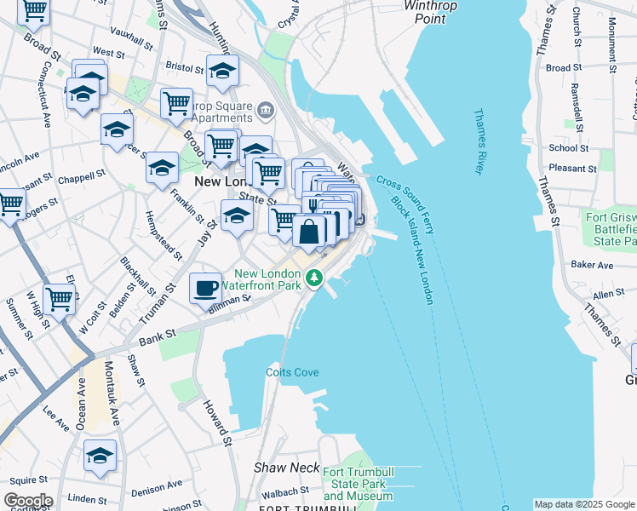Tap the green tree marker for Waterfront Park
pyautogui.click(x=315, y=278)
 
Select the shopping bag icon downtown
pyautogui.click(x=308, y=230)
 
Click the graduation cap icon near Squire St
pyautogui.click(x=100, y=456)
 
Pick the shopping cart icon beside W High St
pyautogui.click(x=59, y=299)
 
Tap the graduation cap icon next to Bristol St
pyautogui.click(x=222, y=72)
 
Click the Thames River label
pyautogui.click(x=479, y=141)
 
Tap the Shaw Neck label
pyautogui.click(x=286, y=468)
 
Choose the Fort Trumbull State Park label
pyautogui.click(x=358, y=484)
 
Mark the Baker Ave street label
pyautogui.click(x=593, y=265)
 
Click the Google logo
pyautogui.click(x=27, y=501)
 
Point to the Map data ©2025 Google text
pyautogui.click(x=584, y=504)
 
